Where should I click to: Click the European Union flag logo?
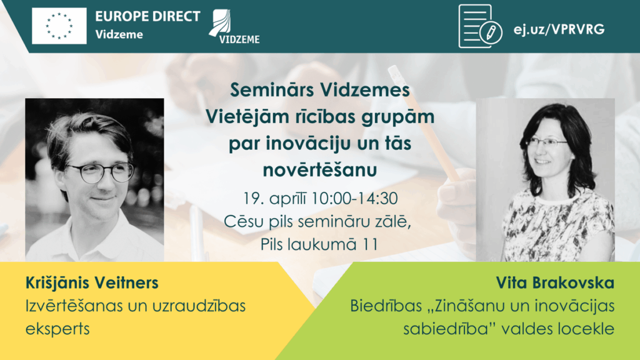(x=59, y=26)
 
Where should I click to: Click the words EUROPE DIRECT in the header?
(x=147, y=16)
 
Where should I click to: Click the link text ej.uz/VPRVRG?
(x=558, y=29)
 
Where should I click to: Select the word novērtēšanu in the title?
(x=319, y=169)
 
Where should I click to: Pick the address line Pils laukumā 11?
(x=319, y=243)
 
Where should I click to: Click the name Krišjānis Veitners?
(x=92, y=283)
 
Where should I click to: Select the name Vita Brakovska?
(x=555, y=283)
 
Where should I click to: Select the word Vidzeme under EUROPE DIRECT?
(x=119, y=34)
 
